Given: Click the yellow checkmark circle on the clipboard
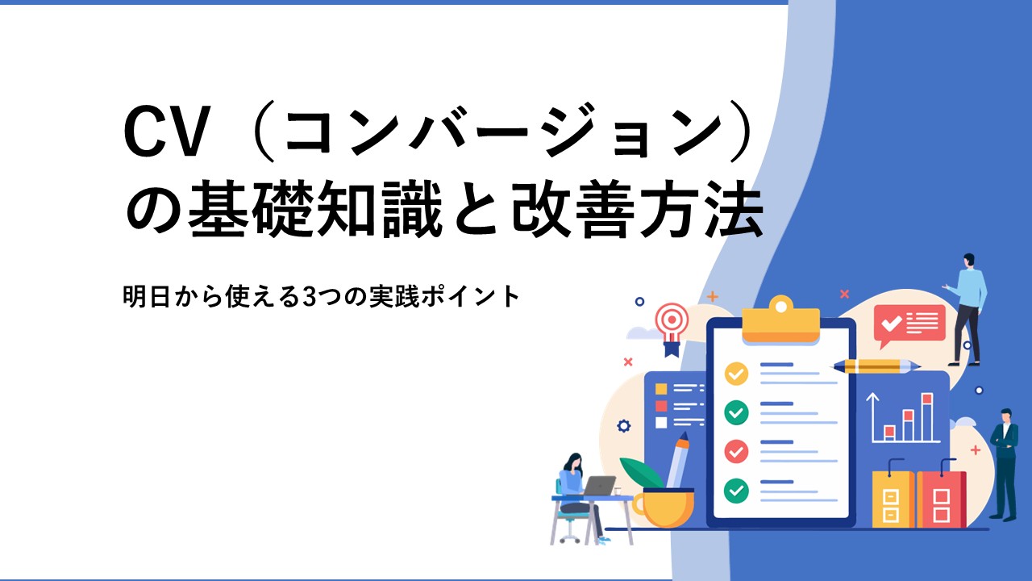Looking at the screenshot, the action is coord(736,374).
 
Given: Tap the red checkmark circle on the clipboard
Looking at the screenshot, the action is coord(736,451).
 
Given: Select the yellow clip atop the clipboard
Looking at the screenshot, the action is coord(781,320).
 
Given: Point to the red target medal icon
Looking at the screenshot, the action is coord(672,328).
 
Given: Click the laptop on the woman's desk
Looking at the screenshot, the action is coord(598,486).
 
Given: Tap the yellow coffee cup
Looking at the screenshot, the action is coord(664,508).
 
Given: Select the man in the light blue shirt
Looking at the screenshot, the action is coord(967,309).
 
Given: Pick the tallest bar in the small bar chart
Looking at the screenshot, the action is coord(927,417).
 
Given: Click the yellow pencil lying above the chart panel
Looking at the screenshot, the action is coord(876,366).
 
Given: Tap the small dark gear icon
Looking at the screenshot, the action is coord(623,425).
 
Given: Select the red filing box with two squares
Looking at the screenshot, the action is coord(941,499).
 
